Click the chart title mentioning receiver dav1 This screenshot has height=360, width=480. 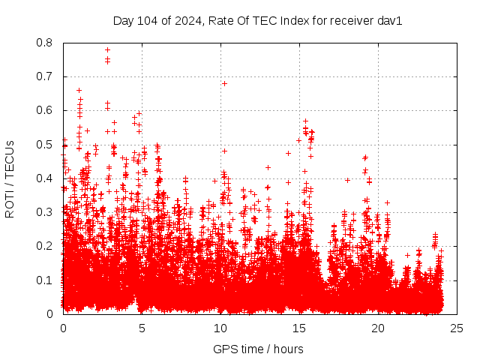coord(258,20)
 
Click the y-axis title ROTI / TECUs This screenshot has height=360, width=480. coord(10,179)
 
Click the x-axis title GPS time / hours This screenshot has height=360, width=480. coord(258,349)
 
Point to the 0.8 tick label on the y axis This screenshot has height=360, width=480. coord(46,43)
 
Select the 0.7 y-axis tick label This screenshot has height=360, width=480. coord(46,76)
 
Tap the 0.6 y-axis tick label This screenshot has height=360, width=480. coord(46,110)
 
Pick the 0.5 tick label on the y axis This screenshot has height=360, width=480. coord(46,145)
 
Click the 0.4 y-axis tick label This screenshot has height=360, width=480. coord(46,178)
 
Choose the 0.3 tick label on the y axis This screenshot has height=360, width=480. coord(46,212)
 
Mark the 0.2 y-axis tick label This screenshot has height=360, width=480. coord(46,246)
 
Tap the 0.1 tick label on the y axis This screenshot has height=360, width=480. coord(46,280)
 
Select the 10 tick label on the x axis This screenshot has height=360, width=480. coord(220,328)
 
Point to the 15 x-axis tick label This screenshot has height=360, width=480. coord(299,328)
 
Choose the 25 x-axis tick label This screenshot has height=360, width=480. coord(457,328)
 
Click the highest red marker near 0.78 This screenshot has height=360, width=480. coord(107,49)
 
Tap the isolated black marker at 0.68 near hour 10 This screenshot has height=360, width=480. coord(224,83)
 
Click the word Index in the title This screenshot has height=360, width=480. coord(295,20)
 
